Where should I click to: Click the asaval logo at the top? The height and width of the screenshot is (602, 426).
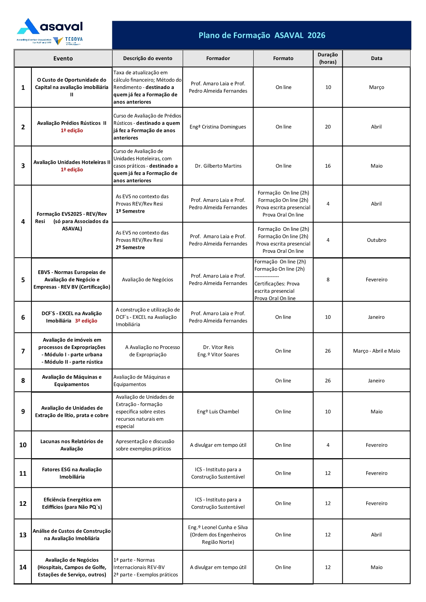pos(50,27)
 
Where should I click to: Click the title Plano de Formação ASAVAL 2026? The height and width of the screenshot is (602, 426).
pos(262,35)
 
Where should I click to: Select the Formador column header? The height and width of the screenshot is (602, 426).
pos(218,58)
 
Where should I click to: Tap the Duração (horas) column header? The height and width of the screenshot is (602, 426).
pos(328,58)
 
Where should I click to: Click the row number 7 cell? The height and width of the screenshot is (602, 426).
pos(23,351)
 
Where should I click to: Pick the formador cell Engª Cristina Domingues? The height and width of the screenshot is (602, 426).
pos(218,127)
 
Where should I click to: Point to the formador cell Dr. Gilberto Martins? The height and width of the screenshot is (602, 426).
pos(218,166)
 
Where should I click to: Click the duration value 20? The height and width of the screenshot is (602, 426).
pos(328,127)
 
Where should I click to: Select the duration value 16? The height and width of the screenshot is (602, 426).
pos(328,166)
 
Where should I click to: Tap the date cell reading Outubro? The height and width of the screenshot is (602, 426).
pos(376,240)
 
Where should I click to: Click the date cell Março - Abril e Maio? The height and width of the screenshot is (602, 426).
pos(376,351)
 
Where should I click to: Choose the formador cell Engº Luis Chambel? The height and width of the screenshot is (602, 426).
pos(218,412)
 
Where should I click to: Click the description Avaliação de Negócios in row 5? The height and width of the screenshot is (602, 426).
pos(147,280)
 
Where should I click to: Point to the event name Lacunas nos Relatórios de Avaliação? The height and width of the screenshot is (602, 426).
pos(72,445)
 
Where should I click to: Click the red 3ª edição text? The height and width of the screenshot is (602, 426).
pos(86,321)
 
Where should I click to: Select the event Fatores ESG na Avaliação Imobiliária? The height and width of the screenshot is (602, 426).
pos(72,473)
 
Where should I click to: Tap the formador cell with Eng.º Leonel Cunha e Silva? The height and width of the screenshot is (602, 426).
pos(218,535)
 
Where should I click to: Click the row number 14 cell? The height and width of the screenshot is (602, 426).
pos(23,567)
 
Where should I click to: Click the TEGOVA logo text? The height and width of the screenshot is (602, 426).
pos(74,40)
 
